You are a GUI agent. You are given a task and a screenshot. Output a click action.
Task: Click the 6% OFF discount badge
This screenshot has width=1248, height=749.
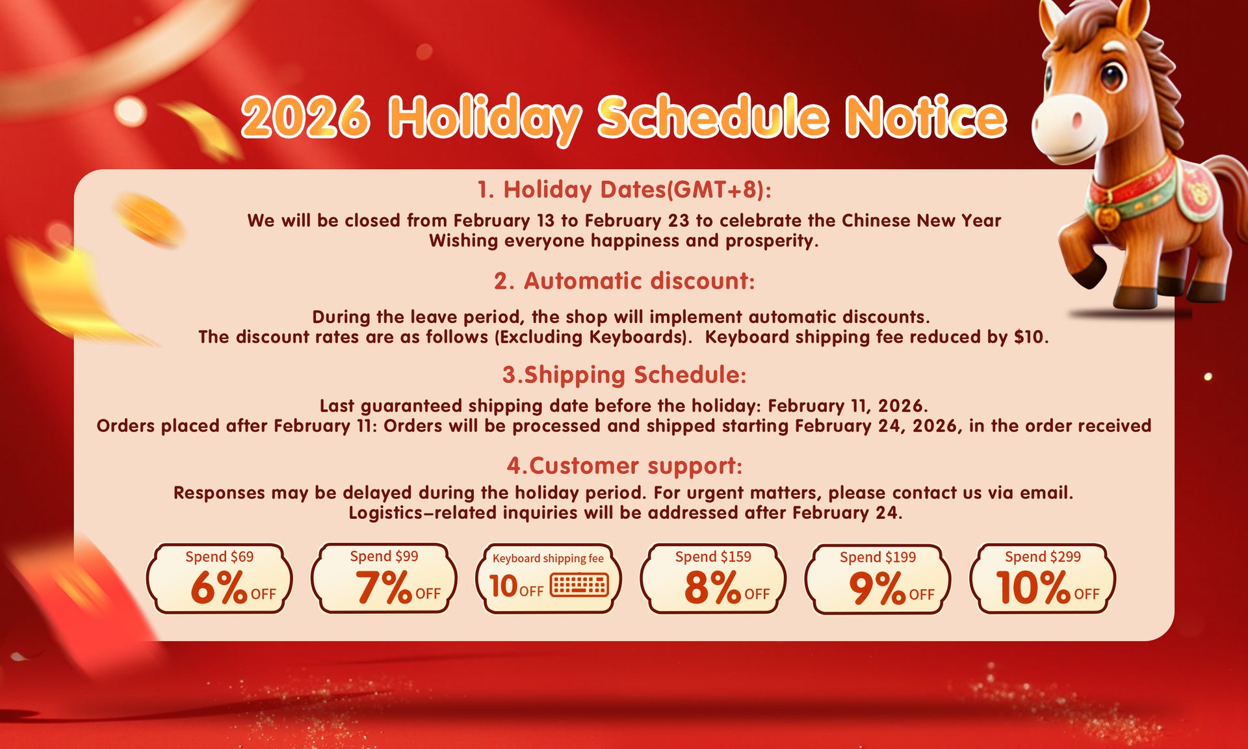pos(220,579)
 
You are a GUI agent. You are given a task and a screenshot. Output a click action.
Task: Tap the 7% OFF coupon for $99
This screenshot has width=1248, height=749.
pos(384,579)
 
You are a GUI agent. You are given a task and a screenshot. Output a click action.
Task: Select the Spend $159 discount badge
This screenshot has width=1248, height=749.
pos(713,579)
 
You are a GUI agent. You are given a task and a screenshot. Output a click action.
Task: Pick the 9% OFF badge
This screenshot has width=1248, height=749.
pos(877,579)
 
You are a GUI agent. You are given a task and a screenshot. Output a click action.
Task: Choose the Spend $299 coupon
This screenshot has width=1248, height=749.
pos(1043,579)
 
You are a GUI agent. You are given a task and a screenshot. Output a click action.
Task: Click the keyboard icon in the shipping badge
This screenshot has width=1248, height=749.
pos(579,585)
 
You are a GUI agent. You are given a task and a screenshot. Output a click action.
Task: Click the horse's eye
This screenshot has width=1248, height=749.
pos(1112,76)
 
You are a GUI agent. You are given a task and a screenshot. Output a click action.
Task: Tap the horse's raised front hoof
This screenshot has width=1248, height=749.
pos(1088,272)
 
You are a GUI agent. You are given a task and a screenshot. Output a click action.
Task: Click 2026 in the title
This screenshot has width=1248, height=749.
pos(305,117)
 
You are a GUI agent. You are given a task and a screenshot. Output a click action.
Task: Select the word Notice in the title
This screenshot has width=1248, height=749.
pos(926,117)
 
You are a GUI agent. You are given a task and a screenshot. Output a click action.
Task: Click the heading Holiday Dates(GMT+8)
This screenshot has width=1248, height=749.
pos(624,189)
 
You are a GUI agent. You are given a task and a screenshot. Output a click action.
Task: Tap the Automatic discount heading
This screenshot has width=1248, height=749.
pos(624,281)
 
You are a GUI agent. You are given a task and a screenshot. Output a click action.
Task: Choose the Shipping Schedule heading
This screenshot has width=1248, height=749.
pos(624,374)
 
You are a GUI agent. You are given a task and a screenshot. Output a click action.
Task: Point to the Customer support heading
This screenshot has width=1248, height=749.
pos(624,466)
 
